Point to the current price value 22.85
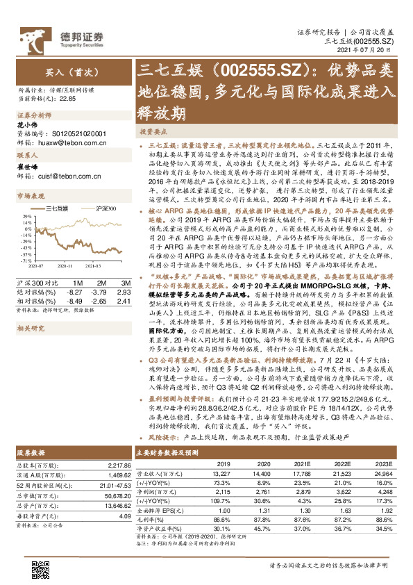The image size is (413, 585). (67, 99)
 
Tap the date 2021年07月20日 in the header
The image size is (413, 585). (366, 51)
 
